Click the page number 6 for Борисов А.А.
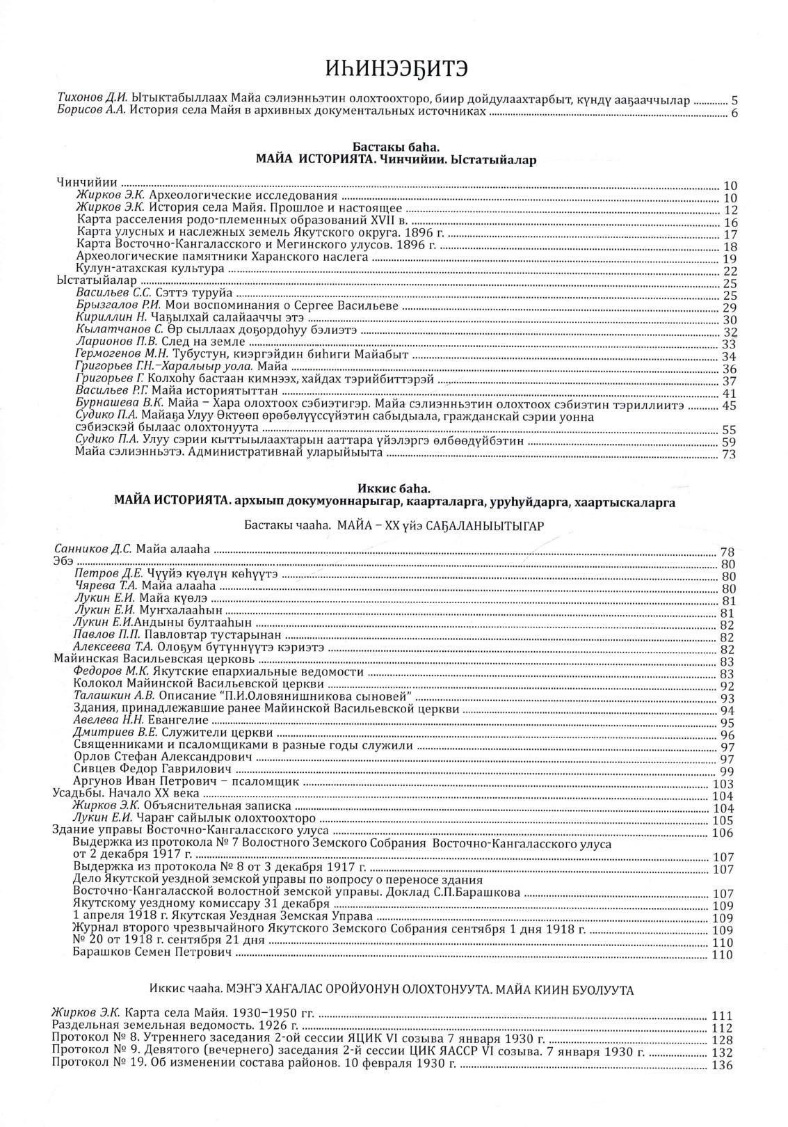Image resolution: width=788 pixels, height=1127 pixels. click(733, 114)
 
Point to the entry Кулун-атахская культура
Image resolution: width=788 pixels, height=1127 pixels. click(150, 269)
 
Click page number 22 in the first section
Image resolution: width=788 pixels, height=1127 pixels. click(730, 271)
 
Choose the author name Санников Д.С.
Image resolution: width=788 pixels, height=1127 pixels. click(93, 550)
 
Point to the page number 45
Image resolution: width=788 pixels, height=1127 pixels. click(730, 406)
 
